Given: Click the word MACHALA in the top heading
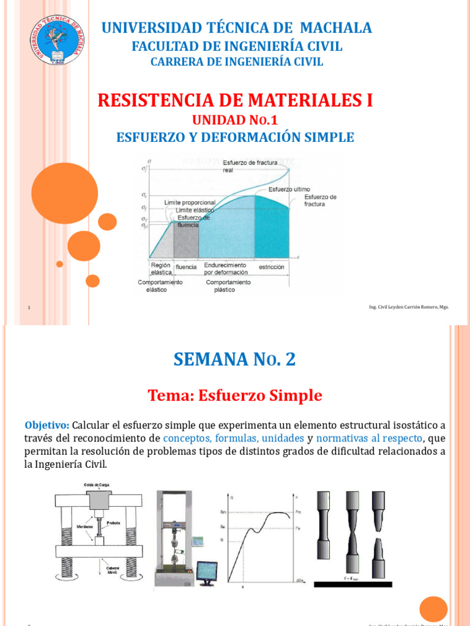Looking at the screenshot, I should [334, 28].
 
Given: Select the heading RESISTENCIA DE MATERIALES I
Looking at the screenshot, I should [236, 100].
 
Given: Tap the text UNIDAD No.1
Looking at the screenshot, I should [236, 120].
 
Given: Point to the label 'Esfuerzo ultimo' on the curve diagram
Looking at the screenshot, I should [289, 190].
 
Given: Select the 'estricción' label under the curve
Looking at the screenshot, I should [271, 267].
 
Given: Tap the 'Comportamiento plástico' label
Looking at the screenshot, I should [228, 285].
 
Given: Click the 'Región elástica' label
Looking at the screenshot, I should [160, 269].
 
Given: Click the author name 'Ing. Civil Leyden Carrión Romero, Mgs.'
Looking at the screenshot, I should [408, 307].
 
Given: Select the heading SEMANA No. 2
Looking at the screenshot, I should [235, 359].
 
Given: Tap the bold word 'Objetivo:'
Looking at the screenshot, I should [47, 425].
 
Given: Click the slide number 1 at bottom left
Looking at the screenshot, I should [29, 307].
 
